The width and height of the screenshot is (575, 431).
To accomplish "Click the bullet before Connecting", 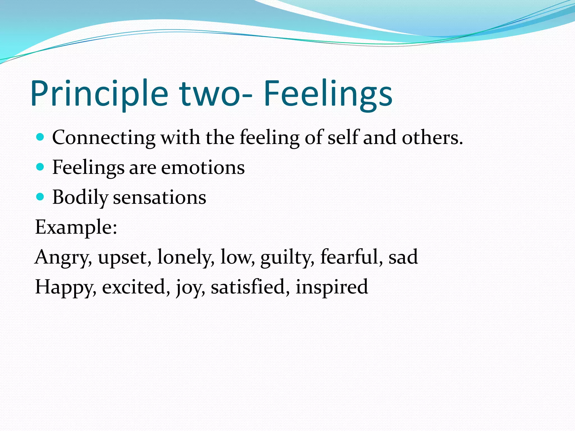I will (x=40, y=137).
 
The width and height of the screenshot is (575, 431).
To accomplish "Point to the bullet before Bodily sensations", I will (x=40, y=197).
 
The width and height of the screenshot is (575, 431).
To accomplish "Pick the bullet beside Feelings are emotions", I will (x=40, y=167).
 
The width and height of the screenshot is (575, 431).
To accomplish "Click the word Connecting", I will (x=104, y=138).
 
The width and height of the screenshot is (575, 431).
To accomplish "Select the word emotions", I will (x=203, y=168).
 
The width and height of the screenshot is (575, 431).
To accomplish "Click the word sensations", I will (x=159, y=197).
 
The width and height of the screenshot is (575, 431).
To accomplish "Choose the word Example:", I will (x=76, y=227).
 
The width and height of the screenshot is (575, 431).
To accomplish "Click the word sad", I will (x=403, y=257).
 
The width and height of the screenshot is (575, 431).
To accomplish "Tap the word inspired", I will (x=332, y=287).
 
